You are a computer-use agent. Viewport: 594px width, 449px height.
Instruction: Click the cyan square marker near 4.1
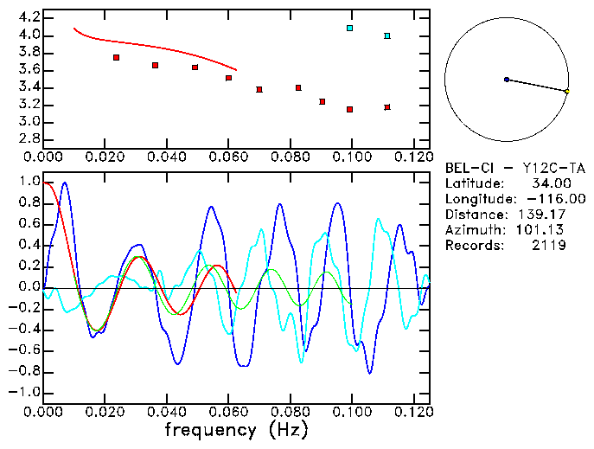pyautogui.click(x=349, y=28)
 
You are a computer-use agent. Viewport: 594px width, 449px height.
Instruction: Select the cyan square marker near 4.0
pyautogui.click(x=387, y=35)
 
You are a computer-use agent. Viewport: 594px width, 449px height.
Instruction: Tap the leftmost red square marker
pyautogui.click(x=116, y=57)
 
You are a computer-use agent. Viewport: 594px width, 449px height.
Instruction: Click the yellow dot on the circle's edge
pyautogui.click(x=566, y=91)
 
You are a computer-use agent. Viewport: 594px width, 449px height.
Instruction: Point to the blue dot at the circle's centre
pyautogui.click(x=506, y=79)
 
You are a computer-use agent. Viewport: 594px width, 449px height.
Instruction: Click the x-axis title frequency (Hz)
pyautogui.click(x=237, y=430)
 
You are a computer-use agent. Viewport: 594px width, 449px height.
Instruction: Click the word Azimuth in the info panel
pyautogui.click(x=472, y=230)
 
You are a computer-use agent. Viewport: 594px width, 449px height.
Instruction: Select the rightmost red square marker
pyautogui.click(x=387, y=107)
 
